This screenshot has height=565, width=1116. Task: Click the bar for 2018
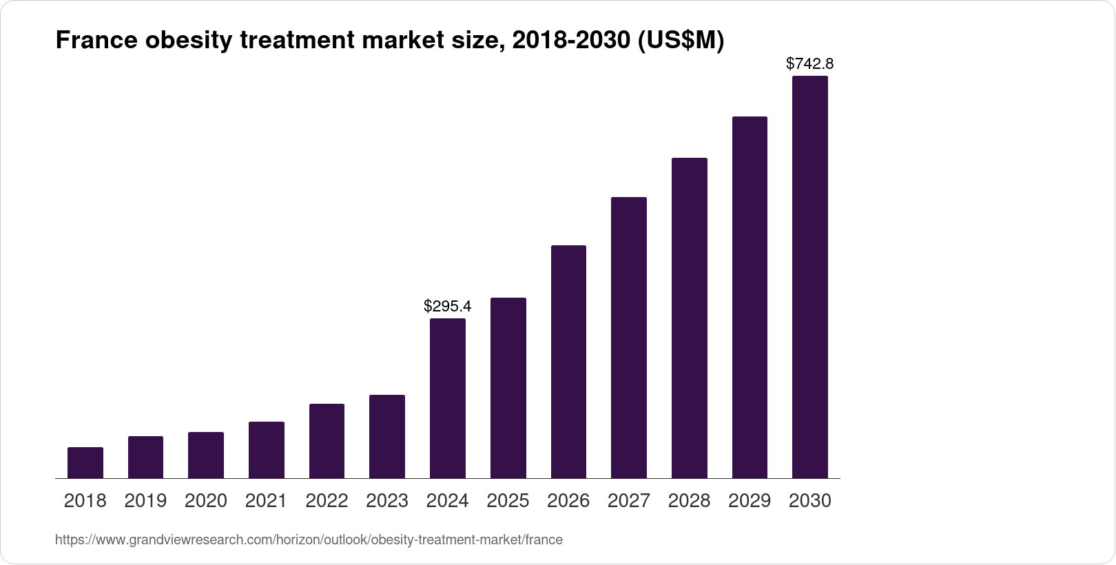(85, 463)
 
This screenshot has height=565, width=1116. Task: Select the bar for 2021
(267, 450)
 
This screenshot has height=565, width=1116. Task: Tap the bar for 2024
(448, 398)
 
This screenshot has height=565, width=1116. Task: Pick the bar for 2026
(568, 362)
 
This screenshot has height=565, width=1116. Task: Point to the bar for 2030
(810, 277)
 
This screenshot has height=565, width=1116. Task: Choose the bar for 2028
(690, 318)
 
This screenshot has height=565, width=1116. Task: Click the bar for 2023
(387, 437)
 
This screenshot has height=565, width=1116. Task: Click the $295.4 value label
(448, 305)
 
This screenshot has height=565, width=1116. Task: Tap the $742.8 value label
(810, 64)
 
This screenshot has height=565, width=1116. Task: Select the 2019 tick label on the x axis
(145, 501)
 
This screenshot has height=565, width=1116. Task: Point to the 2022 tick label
(327, 501)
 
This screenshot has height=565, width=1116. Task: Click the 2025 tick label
(508, 501)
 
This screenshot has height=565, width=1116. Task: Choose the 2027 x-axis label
(629, 501)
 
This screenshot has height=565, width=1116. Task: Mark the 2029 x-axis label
(750, 501)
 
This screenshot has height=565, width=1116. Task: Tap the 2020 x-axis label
(206, 501)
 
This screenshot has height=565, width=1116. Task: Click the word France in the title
(95, 41)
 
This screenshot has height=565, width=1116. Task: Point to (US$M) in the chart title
(680, 41)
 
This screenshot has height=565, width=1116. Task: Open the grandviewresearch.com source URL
(309, 540)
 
